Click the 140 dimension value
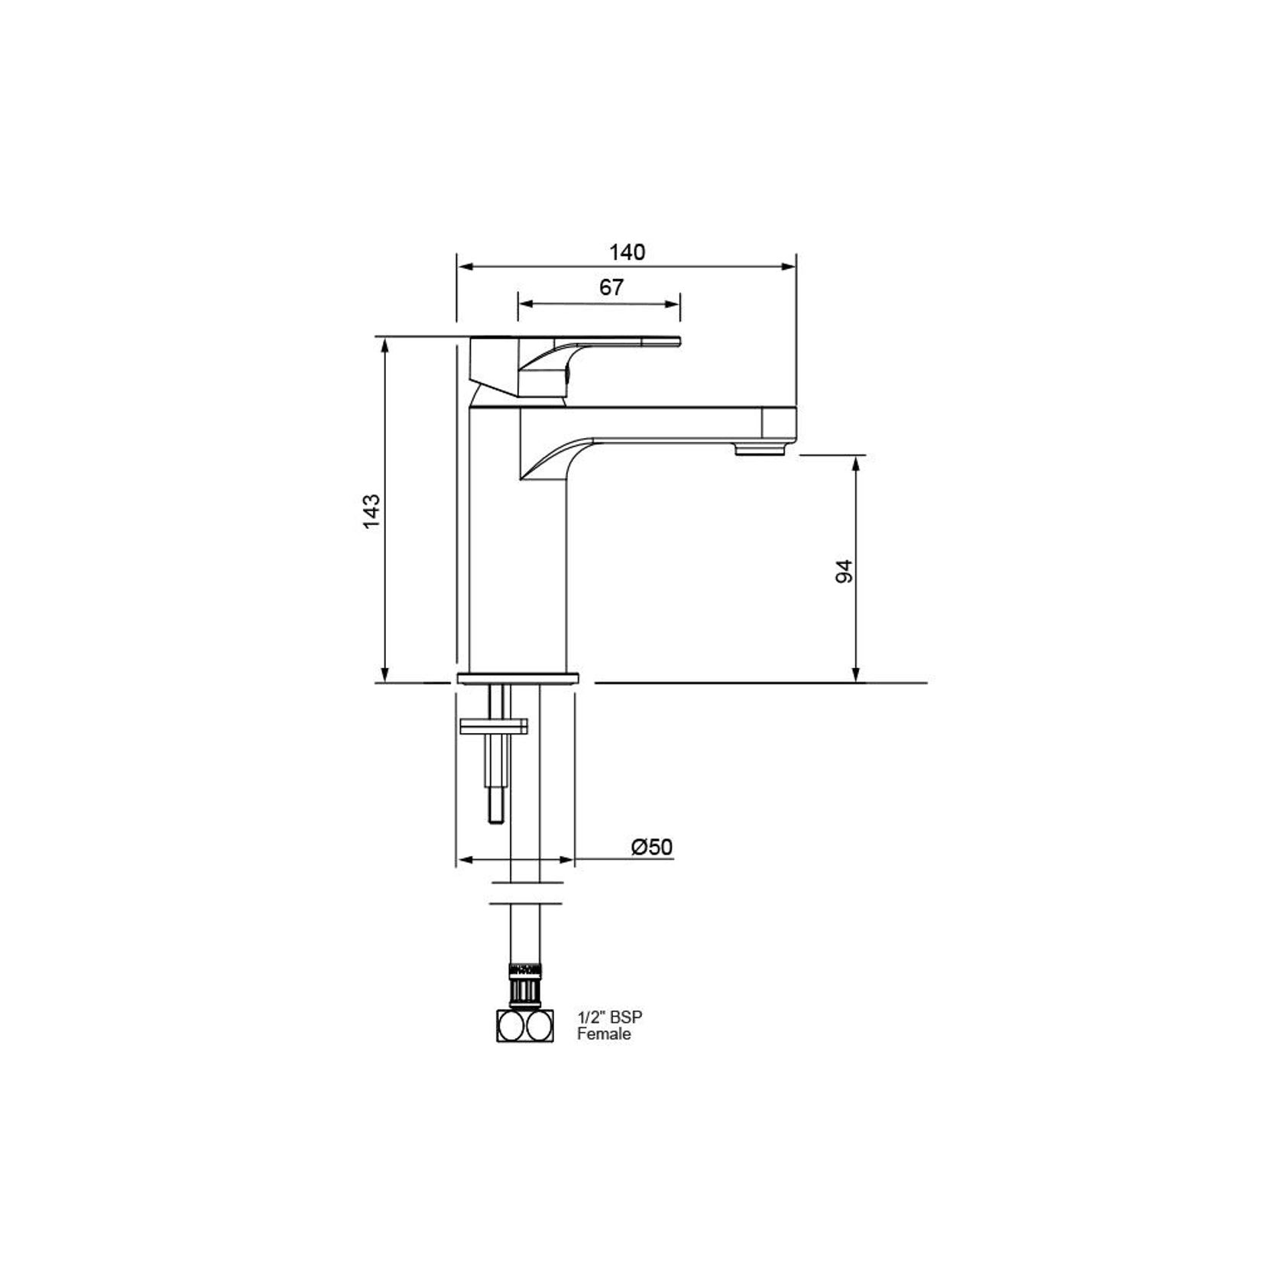pos(627,251)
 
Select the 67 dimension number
pos(611,287)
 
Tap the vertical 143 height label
pos(371,511)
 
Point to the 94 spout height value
pos(844,571)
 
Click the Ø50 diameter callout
pos(652,847)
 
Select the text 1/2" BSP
pos(609,1017)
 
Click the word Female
pos(604,1034)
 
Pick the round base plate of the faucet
pos(518,678)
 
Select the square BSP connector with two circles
pos(525,1026)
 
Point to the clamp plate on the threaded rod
pos(494,726)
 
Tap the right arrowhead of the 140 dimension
pos(790,267)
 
